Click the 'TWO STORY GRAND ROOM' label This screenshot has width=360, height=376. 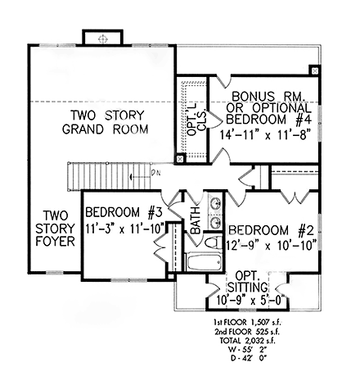pos(109,122)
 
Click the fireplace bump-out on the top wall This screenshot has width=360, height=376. pos(102,39)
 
